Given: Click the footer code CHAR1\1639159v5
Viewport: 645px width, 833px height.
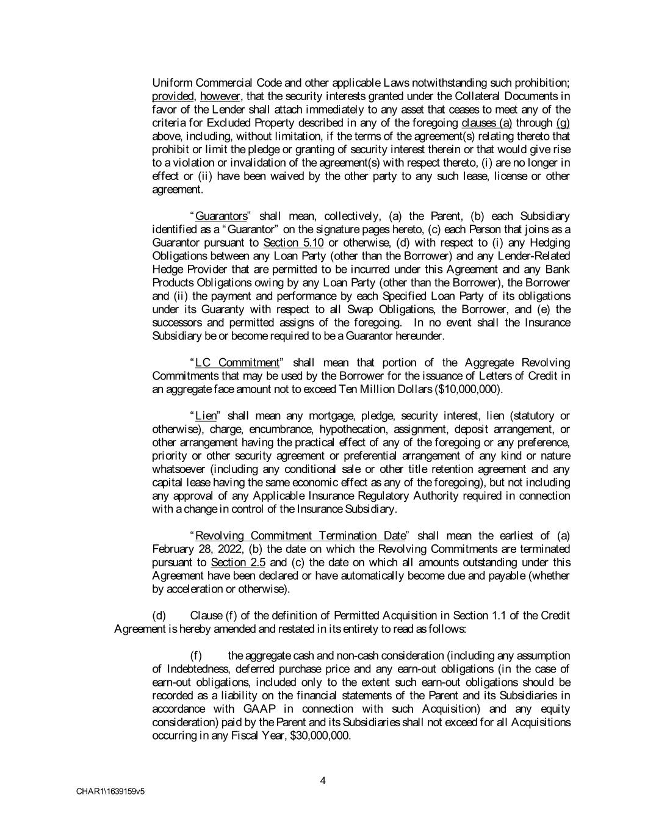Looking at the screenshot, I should click(110, 792).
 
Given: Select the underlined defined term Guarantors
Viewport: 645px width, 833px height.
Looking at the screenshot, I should click(221, 217).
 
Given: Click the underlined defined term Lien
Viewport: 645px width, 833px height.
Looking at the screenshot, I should click(206, 416).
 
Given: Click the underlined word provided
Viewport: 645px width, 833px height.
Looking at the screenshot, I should click(172, 96).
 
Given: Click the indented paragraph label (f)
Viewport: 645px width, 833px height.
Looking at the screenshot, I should click(196, 656).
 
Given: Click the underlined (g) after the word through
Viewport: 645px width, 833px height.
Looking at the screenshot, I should click(563, 123).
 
